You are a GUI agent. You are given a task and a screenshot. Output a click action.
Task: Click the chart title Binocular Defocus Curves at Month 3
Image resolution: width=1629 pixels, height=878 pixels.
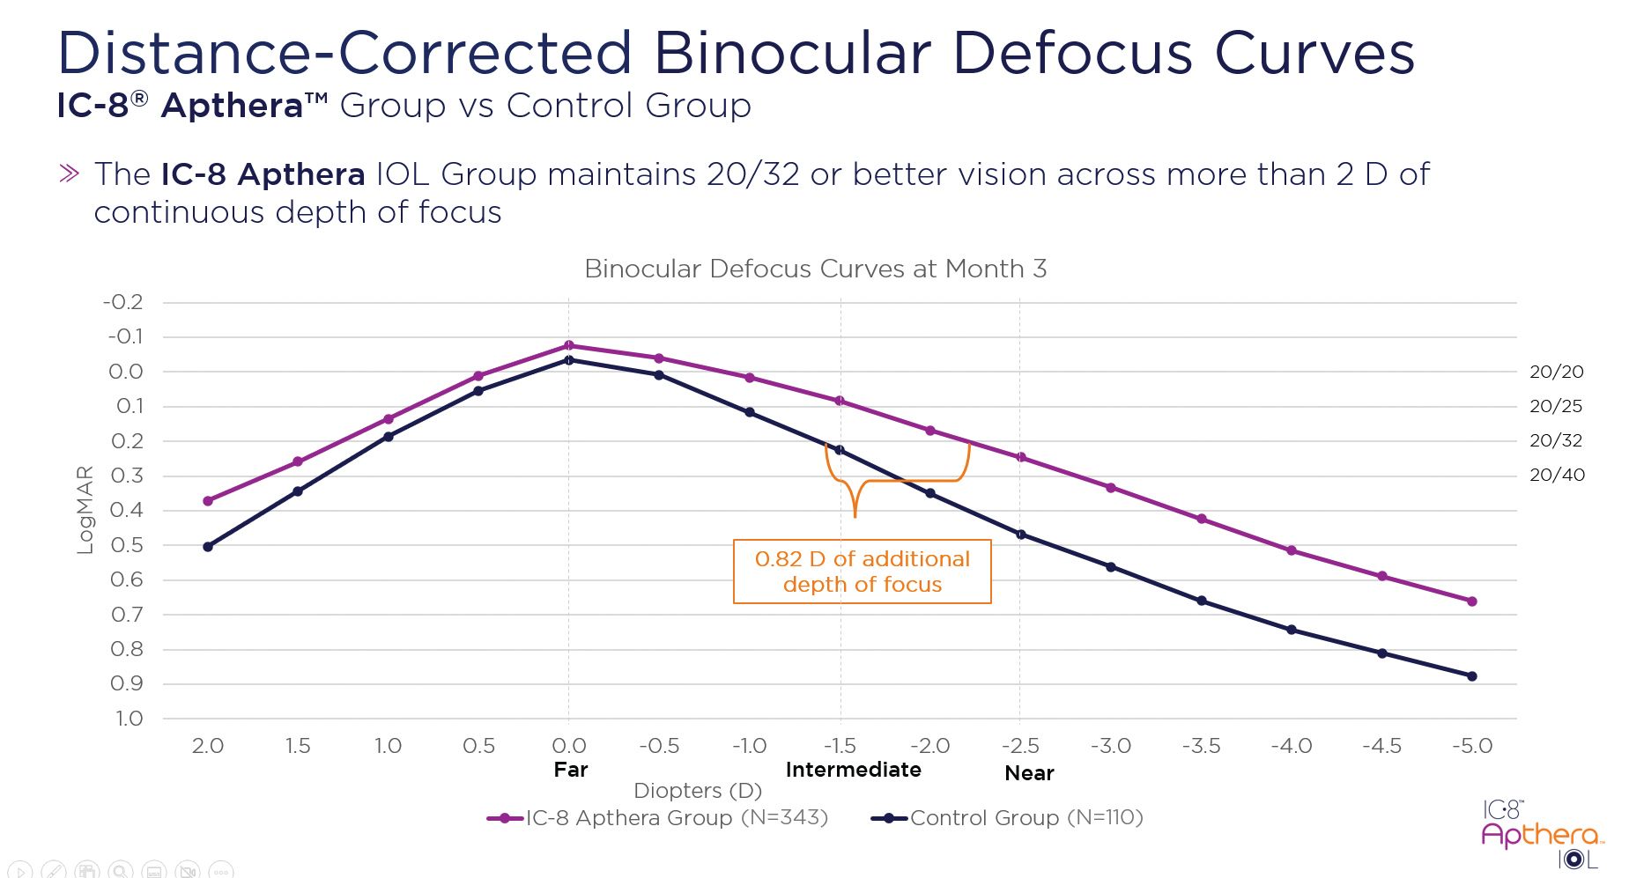[x=815, y=269]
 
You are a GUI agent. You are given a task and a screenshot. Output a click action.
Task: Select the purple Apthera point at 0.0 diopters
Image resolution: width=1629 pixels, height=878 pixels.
[x=568, y=345]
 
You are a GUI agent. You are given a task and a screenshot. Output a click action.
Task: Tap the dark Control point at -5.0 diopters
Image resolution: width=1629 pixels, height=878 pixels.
[x=1471, y=676]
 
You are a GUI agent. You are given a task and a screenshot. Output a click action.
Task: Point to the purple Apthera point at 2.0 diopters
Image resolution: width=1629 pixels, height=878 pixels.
[x=208, y=501]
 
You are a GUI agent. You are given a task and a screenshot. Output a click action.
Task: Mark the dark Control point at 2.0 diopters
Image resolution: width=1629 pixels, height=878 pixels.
[x=208, y=547]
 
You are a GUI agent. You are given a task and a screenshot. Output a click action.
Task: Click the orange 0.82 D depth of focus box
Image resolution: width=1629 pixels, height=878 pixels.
[x=862, y=572]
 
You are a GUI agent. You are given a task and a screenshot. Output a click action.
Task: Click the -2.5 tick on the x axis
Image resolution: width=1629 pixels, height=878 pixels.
[x=1020, y=746]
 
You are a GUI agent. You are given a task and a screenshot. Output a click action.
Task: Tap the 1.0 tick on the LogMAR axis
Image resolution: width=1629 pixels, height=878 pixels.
[x=129, y=719]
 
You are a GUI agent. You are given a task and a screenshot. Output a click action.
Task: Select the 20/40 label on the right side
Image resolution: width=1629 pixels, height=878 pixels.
[x=1557, y=476]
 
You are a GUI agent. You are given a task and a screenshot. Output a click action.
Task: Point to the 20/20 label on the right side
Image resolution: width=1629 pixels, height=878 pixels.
[x=1556, y=372]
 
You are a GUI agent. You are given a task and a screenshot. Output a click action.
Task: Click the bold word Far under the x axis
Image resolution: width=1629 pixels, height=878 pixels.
[x=570, y=770]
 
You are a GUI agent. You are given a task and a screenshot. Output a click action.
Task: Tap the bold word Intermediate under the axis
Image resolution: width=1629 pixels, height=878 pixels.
[x=853, y=770]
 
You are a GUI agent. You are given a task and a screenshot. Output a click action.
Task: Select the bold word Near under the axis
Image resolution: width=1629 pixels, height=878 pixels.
[x=1029, y=773]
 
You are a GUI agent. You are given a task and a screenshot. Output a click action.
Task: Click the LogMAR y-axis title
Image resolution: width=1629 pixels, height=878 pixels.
[x=85, y=510]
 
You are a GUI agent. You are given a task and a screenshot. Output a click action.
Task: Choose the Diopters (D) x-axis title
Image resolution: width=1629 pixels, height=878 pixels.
[x=697, y=791]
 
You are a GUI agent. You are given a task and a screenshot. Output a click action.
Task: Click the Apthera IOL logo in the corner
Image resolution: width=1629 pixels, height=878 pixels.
[x=1542, y=836]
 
